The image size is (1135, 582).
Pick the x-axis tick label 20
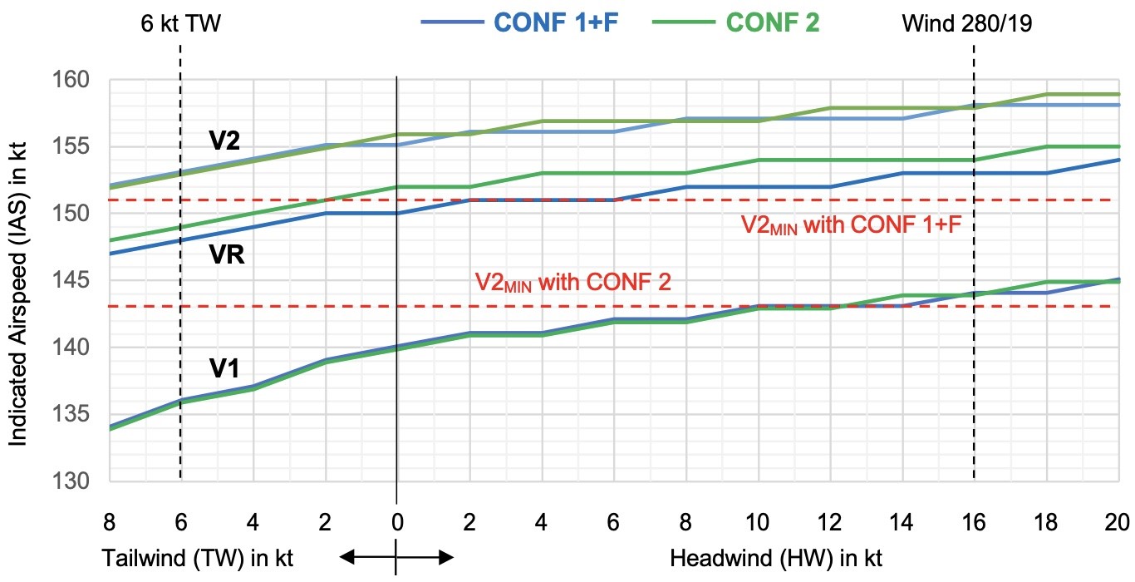click(x=1118, y=521)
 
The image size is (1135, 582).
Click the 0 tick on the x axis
click(x=397, y=521)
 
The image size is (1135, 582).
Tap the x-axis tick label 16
click(x=973, y=521)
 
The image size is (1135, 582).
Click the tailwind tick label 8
click(x=109, y=521)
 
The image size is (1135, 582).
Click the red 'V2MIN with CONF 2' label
click(x=572, y=281)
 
